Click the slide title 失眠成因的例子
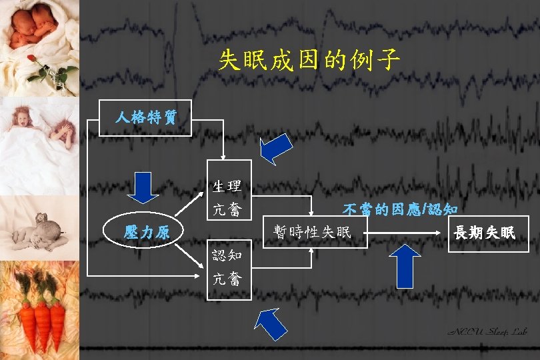(x=309, y=61)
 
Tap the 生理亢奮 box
(x=229, y=189)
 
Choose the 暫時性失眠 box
(x=315, y=231)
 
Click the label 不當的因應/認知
(x=399, y=209)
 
